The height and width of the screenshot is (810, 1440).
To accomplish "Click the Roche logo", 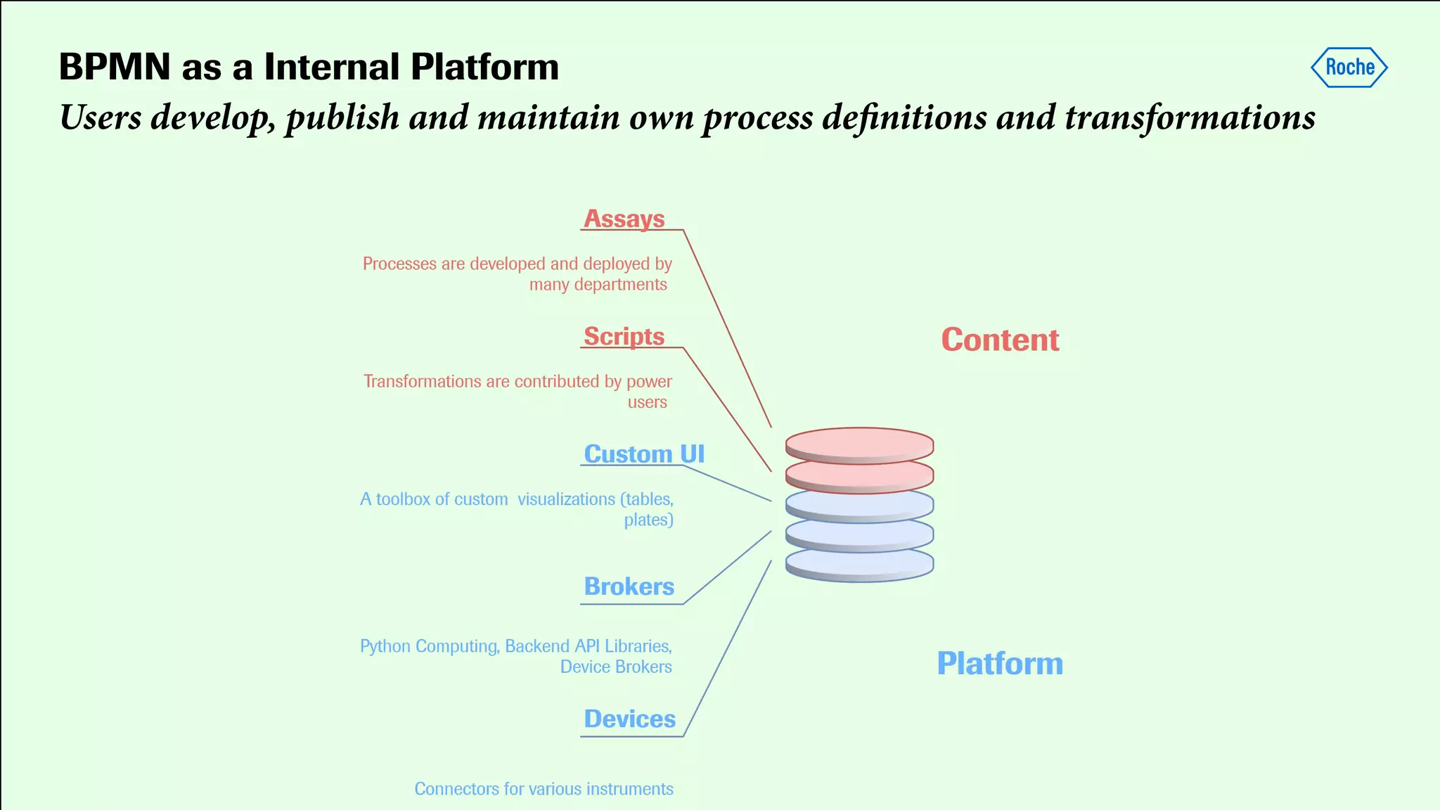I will pos(1349,67).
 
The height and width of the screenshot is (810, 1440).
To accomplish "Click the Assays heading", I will pos(624,219).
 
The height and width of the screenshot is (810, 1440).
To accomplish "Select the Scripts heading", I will pos(624,336).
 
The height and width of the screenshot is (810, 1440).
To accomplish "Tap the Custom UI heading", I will pos(644,454).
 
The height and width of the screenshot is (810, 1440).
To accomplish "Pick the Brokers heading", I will pos(629,586).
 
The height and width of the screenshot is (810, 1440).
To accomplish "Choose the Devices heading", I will pos(630,719).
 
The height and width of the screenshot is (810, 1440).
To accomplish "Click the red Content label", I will pos(1000,340).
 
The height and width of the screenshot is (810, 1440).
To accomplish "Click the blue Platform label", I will pos(1000,664).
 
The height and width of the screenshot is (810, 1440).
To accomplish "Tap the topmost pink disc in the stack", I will pos(859,443).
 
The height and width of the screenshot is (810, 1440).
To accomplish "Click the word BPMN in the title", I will pos(115,67).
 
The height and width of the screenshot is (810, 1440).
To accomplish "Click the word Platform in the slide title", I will pos(484,67).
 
